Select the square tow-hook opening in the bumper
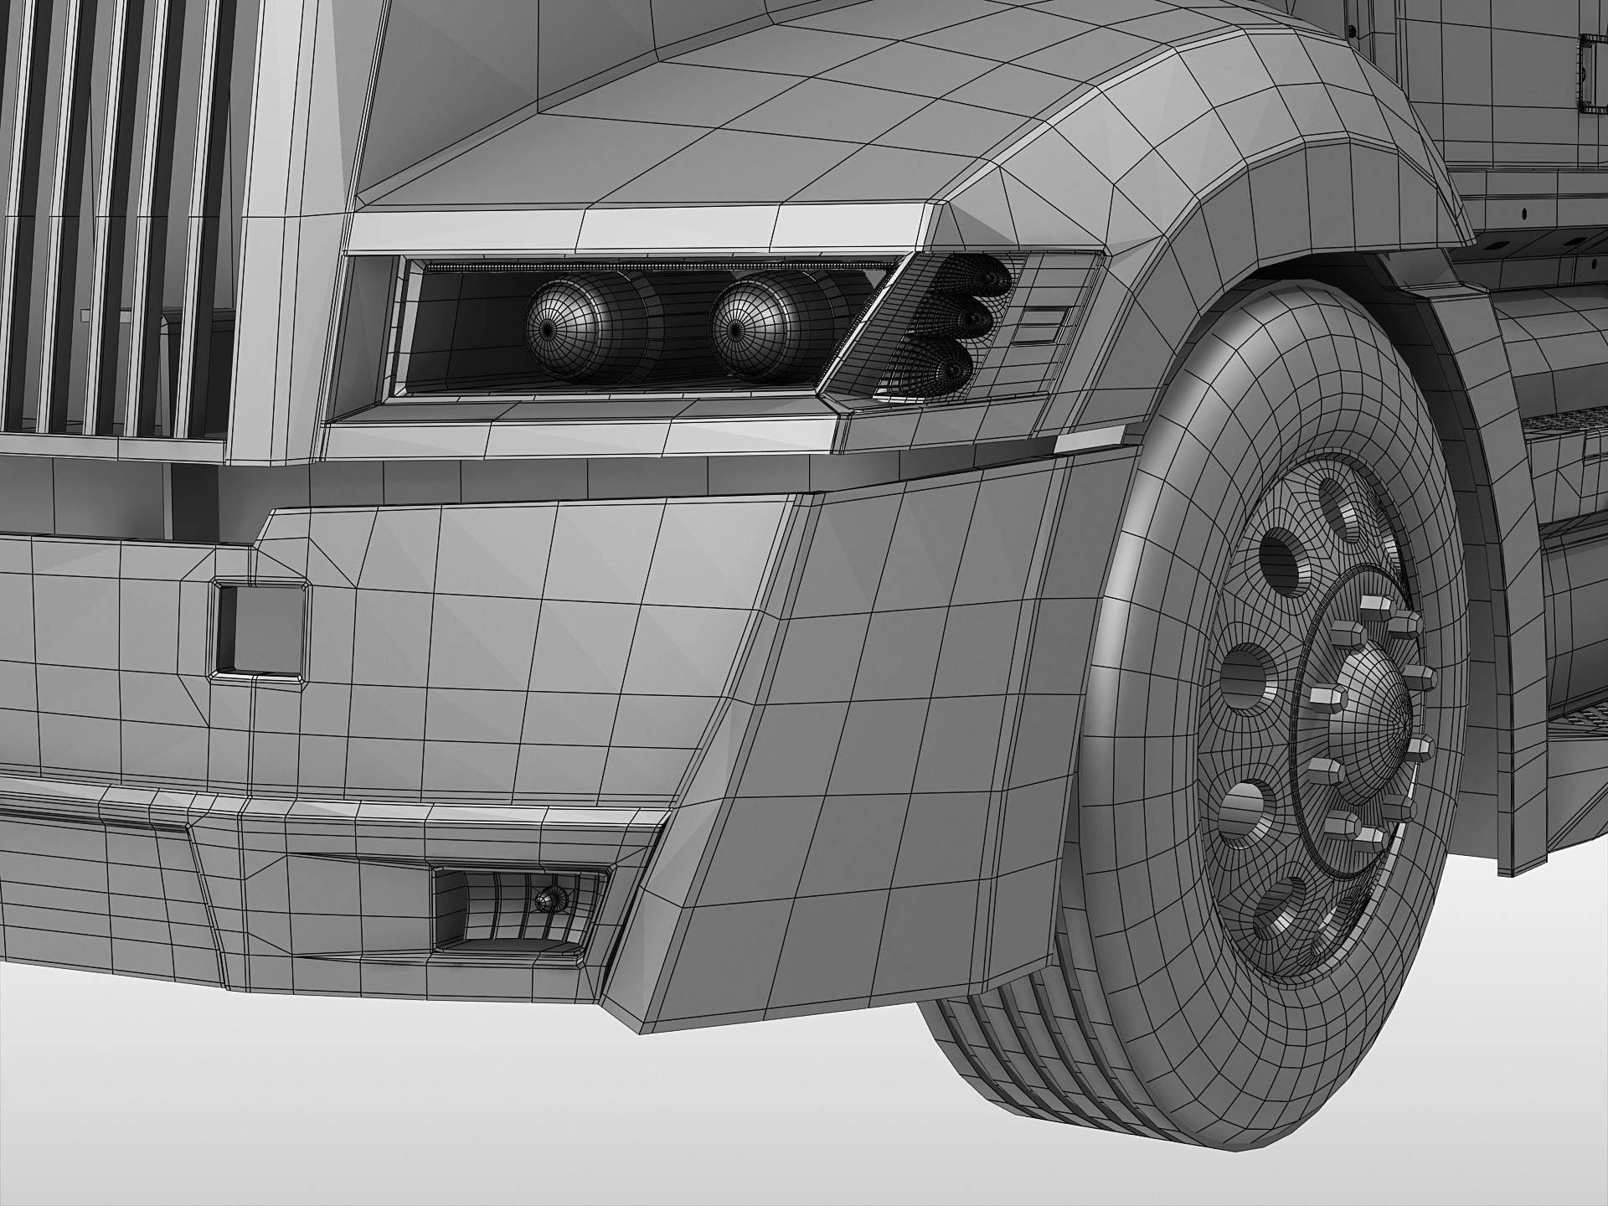pos(258,628)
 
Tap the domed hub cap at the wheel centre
pos(1373,720)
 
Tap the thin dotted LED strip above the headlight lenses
pos(653,266)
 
